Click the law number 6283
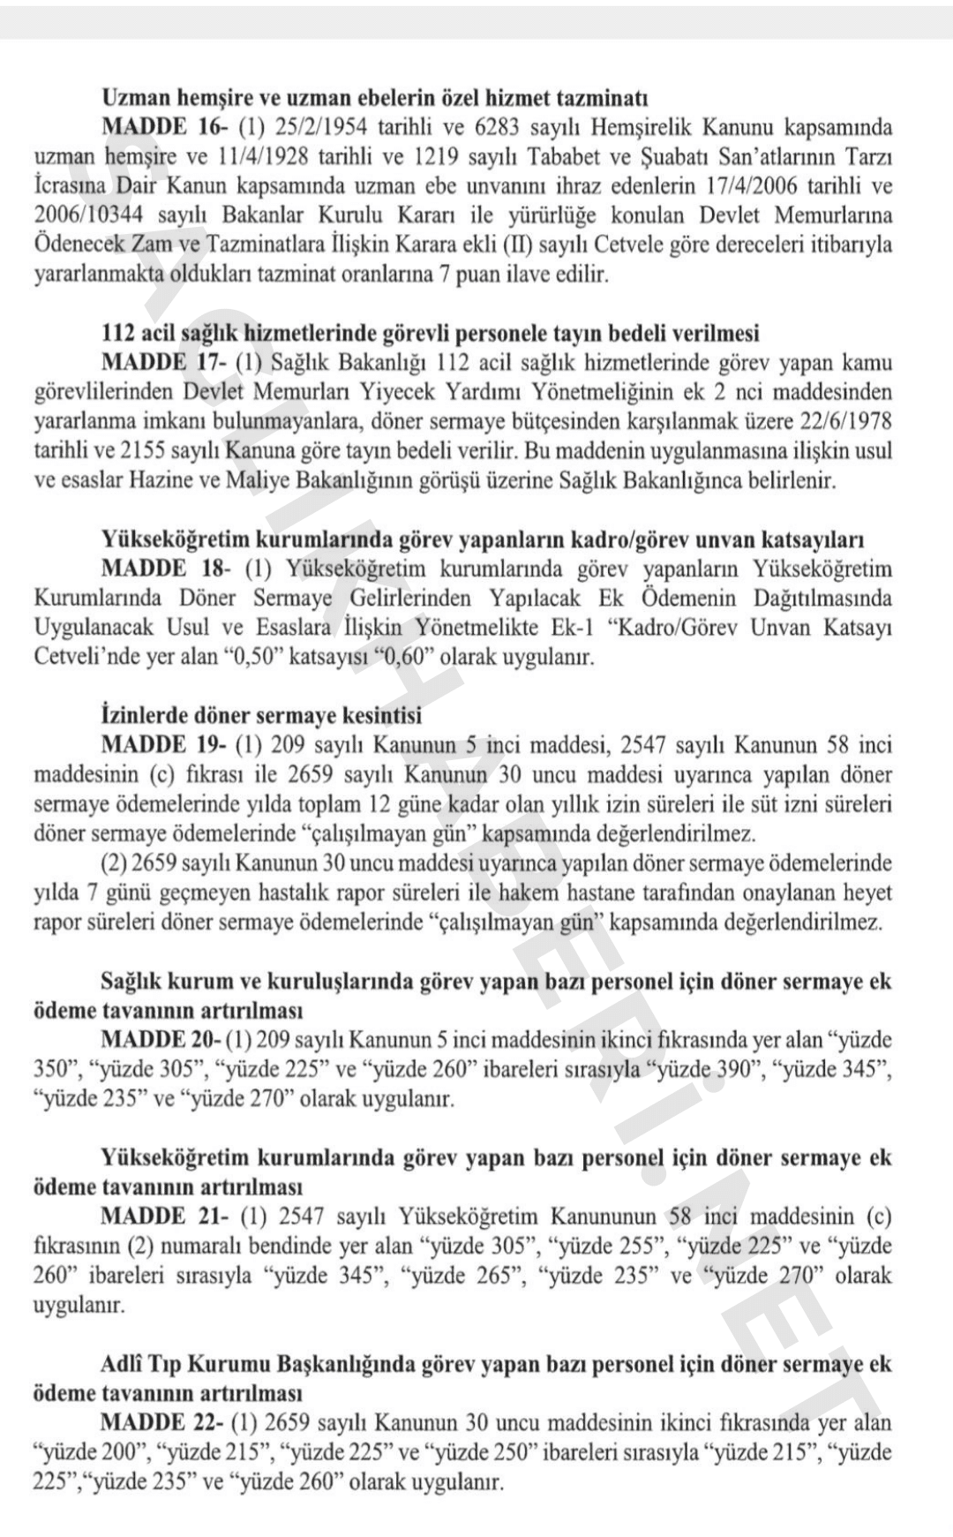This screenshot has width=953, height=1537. click(501, 127)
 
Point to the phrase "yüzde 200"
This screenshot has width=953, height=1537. click(92, 1453)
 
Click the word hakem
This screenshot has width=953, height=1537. click(529, 893)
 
